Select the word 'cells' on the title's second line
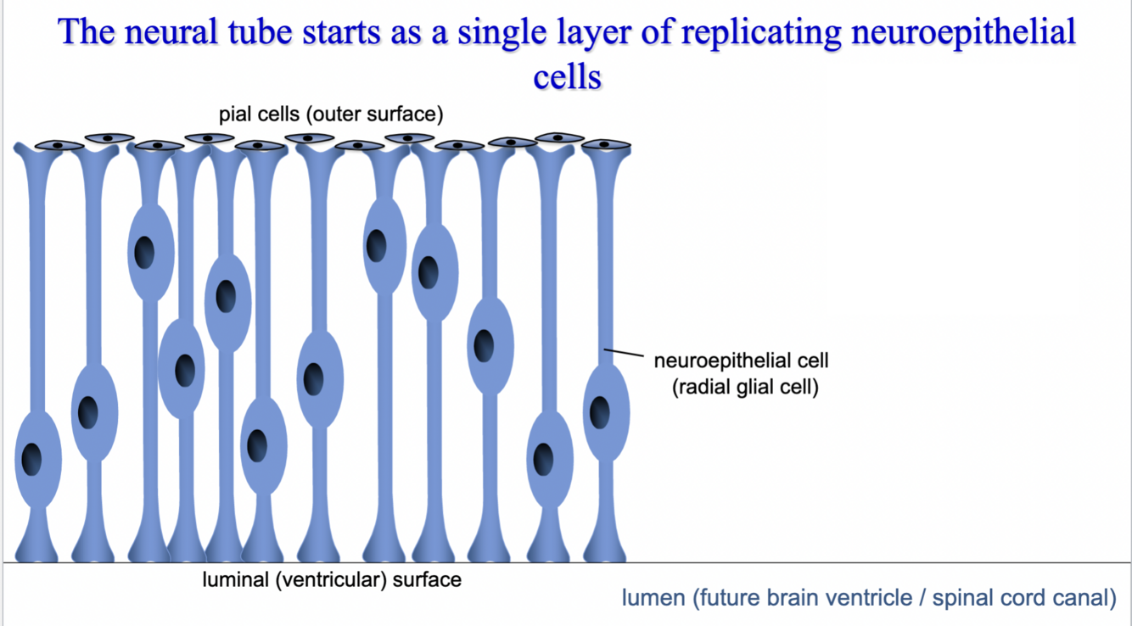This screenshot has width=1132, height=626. (x=567, y=76)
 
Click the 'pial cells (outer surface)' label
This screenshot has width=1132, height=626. (x=330, y=114)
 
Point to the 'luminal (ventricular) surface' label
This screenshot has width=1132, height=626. (x=331, y=580)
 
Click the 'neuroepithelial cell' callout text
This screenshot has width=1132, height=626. (x=740, y=361)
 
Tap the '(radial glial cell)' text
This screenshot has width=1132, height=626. (x=745, y=388)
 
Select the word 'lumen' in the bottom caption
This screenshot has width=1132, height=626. (x=653, y=597)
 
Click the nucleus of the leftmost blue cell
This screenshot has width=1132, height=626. (x=32, y=459)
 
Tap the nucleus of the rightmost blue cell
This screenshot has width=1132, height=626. (x=600, y=413)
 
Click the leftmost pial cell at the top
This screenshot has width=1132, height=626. (x=59, y=145)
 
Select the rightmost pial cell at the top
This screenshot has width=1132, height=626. (x=605, y=144)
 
